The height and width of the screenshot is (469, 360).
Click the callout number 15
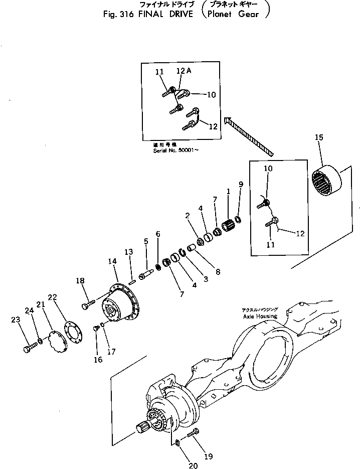(319, 137)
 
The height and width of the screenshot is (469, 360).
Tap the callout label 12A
(184, 71)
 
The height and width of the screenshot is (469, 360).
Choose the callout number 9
(241, 184)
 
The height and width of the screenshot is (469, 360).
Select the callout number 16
(98, 360)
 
